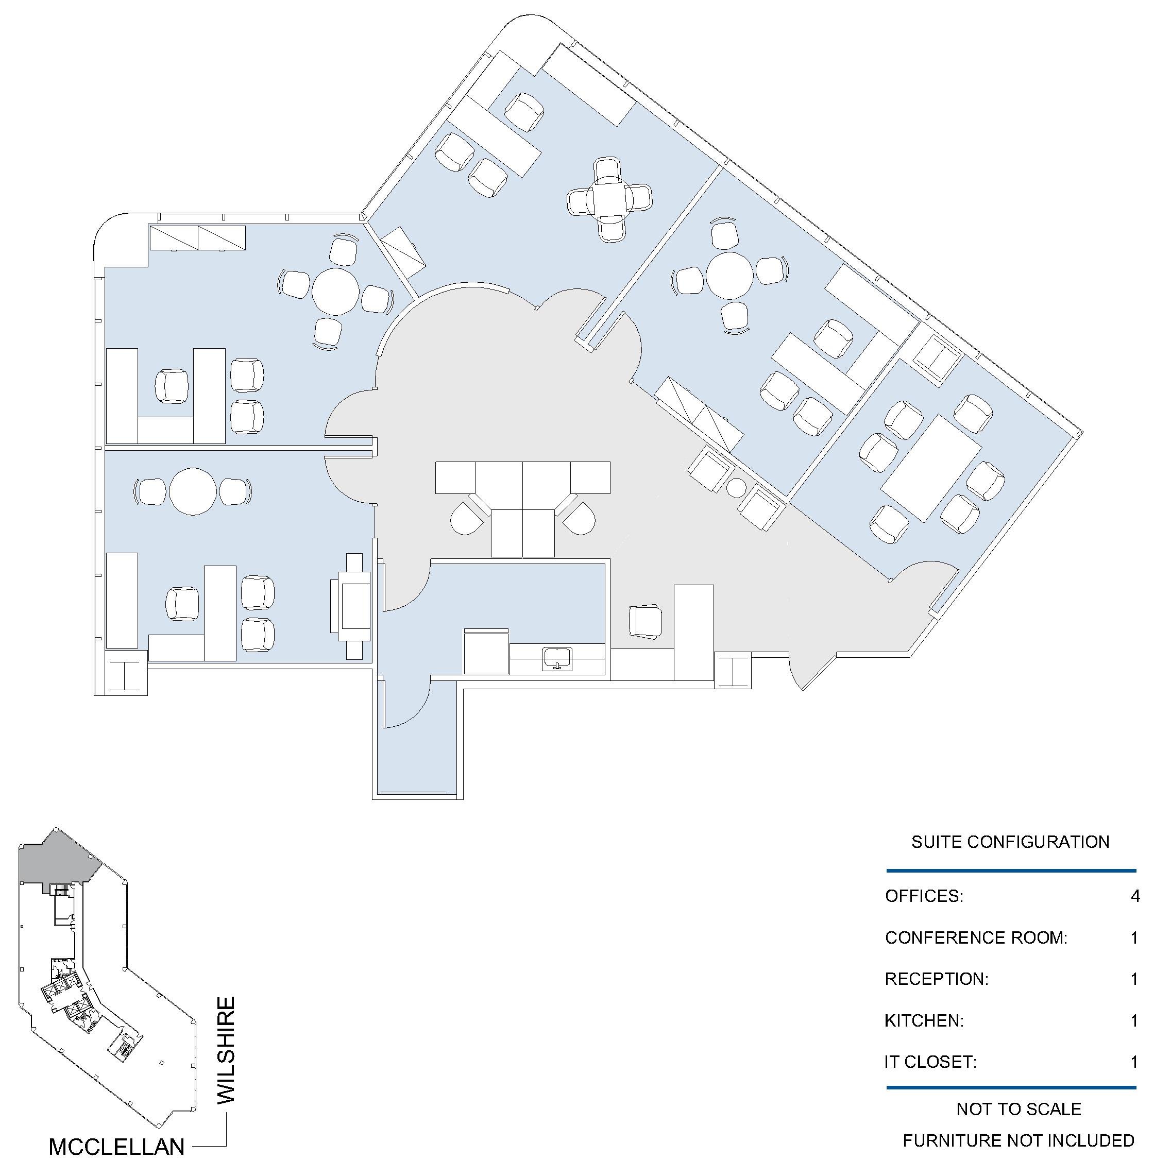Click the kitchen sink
point(557,659)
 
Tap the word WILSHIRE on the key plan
point(226,1050)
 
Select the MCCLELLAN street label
point(116,1147)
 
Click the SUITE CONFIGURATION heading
point(1010,842)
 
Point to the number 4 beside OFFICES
point(1135,896)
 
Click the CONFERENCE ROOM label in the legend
point(976,938)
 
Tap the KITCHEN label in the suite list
point(924,1021)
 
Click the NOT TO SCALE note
point(1019,1110)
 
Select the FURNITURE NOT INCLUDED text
point(1019,1141)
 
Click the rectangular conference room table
point(931,468)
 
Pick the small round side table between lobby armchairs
point(736,487)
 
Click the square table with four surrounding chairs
point(609,199)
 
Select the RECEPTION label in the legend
point(937,979)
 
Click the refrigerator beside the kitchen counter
point(486,652)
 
